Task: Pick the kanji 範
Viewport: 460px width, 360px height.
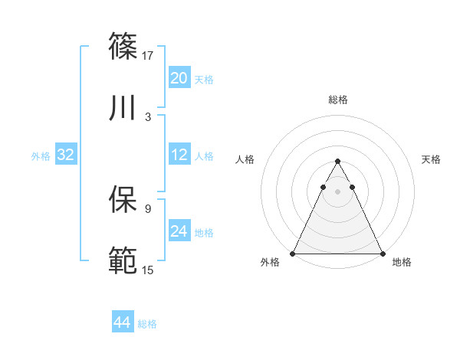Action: click(123, 260)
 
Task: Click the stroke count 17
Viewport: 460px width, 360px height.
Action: click(149, 55)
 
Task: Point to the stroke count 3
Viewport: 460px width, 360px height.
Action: click(147, 116)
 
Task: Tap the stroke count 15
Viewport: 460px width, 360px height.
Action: click(149, 270)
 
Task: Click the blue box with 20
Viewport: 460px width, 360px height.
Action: click(179, 77)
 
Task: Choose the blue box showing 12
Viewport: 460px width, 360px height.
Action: click(179, 155)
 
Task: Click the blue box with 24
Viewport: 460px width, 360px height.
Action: click(179, 231)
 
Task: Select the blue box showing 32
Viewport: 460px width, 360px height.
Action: click(66, 155)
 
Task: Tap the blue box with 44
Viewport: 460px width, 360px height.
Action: click(122, 322)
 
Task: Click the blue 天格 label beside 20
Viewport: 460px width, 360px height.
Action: click(204, 79)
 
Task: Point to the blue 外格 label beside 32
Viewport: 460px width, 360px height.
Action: click(41, 156)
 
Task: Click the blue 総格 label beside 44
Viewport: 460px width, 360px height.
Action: click(147, 324)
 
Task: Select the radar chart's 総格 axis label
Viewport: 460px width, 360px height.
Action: click(337, 100)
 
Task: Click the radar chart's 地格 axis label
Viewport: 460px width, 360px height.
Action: click(402, 262)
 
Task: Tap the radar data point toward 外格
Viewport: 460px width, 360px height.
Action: click(293, 253)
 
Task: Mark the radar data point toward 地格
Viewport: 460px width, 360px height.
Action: click(382, 253)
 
